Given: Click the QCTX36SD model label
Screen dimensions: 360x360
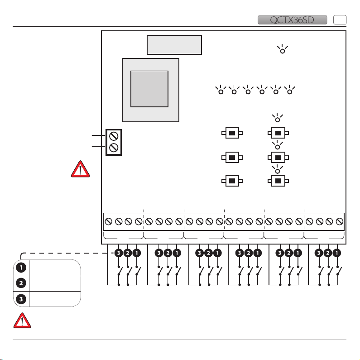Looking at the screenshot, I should coord(292,19).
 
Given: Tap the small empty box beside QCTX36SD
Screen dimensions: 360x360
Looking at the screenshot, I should coord(340,19).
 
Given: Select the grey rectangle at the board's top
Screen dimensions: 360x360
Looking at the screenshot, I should coord(174,44).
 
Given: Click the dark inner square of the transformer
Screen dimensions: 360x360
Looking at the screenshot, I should coord(149,89).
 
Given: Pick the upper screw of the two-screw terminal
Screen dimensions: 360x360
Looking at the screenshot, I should coord(114,135).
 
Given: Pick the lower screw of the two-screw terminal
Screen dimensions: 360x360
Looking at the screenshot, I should coord(114,147).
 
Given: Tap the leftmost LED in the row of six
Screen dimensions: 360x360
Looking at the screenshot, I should coord(221,91).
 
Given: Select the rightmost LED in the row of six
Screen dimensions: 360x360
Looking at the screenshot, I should coord(289,91).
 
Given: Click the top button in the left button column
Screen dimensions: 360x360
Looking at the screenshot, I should coord(232,133).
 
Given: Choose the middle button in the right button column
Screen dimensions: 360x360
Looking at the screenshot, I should coord(277,157).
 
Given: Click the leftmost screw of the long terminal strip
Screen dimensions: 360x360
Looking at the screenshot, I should coord(109,222).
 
